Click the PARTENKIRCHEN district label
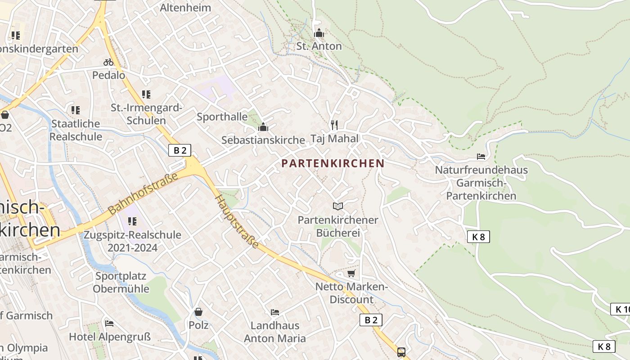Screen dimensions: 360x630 point(333,163)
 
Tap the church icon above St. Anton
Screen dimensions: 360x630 point(319,33)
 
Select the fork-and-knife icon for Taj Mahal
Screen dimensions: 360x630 point(334,125)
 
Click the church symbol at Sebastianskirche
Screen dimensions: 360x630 point(263,127)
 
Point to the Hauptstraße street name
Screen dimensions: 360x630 point(237,221)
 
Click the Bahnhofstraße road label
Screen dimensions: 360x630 point(143,193)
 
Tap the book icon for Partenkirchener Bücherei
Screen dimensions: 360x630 point(338,206)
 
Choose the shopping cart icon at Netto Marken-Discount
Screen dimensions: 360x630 point(351,273)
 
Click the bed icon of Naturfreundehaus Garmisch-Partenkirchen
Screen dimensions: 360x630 point(481,157)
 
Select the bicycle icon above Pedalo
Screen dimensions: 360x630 point(108,62)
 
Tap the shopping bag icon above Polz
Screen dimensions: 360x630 point(198,311)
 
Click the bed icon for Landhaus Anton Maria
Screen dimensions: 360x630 point(275,312)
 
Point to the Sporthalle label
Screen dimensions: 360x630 point(222,117)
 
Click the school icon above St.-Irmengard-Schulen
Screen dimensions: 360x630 point(146,94)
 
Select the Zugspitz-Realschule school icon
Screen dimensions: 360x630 point(132,221)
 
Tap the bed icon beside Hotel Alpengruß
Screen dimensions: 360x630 point(109,323)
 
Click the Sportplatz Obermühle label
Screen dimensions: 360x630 point(121,282)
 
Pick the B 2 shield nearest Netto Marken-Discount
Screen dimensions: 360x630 point(371,320)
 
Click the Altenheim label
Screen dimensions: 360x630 point(185,8)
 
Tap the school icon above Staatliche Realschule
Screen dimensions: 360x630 point(76,110)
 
